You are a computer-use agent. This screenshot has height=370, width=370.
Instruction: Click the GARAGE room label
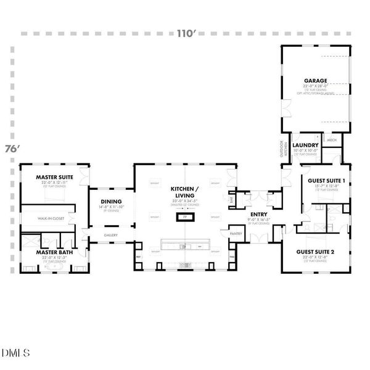pyautogui.click(x=315, y=80)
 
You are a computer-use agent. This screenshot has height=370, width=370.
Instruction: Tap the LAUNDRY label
pyautogui.click(x=305, y=146)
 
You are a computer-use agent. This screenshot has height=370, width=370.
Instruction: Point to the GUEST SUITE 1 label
pyautogui.click(x=326, y=180)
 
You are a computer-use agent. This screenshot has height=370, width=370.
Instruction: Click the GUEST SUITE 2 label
pyautogui.click(x=315, y=252)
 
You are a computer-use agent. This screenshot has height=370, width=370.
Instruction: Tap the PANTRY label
pyautogui.click(x=236, y=234)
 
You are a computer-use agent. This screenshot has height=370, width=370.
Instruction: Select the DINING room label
pyautogui.click(x=112, y=202)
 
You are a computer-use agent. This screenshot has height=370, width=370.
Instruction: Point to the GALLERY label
pyautogui.click(x=111, y=235)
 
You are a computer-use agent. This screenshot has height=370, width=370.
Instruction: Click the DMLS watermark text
pyautogui.click(x=15, y=353)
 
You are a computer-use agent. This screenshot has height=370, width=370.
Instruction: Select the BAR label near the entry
pyautogui.click(x=231, y=200)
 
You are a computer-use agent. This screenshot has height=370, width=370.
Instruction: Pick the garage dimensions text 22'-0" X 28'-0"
pyautogui.click(x=315, y=86)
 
